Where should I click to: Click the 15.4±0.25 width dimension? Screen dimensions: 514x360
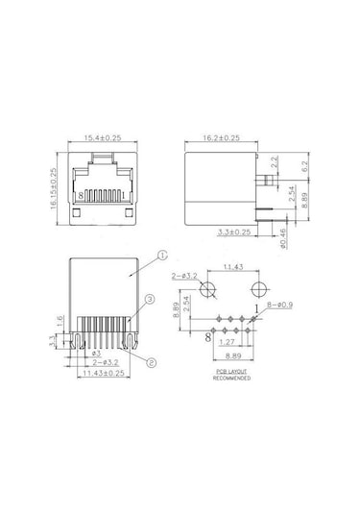(103, 139)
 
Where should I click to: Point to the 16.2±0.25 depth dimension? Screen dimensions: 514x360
(223, 139)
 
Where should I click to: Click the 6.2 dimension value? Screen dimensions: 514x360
(305, 165)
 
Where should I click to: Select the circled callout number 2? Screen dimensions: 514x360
(152, 362)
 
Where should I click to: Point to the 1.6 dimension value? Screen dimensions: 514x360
(60, 320)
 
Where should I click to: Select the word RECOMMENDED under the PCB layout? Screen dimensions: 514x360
(234, 379)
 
